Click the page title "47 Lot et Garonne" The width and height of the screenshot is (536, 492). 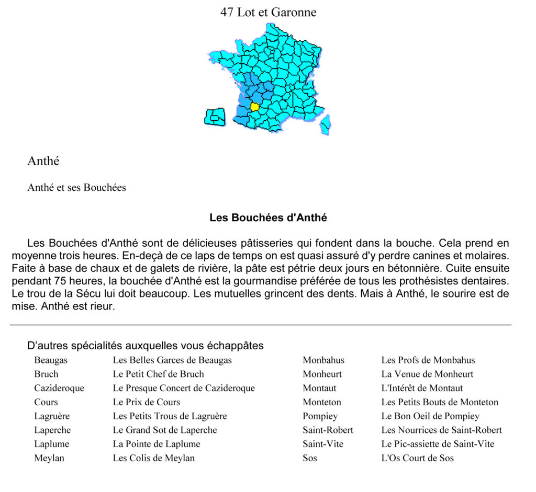coord(268,12)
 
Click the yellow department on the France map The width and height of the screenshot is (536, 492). coord(254,107)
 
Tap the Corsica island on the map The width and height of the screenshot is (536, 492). coord(325,124)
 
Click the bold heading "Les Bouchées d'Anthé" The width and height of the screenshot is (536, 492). coord(268,218)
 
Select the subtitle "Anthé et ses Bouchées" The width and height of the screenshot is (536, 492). coord(76,187)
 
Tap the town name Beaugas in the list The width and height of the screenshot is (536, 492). coord(51,360)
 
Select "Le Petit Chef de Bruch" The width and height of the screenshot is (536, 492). coord(158,374)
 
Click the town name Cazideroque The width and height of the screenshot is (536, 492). coord(59,388)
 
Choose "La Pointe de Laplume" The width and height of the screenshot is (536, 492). coord(157,444)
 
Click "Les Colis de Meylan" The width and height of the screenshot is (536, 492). coord(153,458)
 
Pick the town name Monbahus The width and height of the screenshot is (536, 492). coord(323,360)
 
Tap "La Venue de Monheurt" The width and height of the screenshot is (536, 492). coord(427,374)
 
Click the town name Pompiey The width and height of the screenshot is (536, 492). coord(320,416)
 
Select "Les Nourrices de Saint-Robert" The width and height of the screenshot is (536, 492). coord(441,430)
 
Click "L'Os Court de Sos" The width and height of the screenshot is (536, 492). coord(417,458)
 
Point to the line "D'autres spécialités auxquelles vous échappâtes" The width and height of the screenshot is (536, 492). coord(145,346)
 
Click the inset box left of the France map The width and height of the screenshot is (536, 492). coord(214,117)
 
